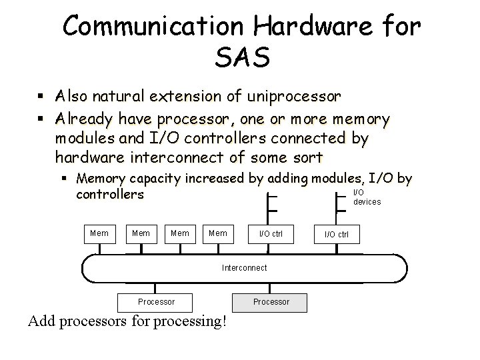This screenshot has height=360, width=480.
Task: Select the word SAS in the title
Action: pos(242,59)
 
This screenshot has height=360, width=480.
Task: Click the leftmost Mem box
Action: pos(99,233)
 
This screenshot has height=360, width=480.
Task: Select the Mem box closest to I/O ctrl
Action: pos(218,233)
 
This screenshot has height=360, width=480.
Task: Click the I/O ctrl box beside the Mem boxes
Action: pos(270,234)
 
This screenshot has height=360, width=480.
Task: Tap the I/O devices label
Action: pos(367,197)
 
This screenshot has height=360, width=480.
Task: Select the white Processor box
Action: pos(156,301)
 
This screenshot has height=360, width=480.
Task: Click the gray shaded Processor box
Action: pos(271,301)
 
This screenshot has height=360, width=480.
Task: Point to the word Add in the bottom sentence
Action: pos(42,321)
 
